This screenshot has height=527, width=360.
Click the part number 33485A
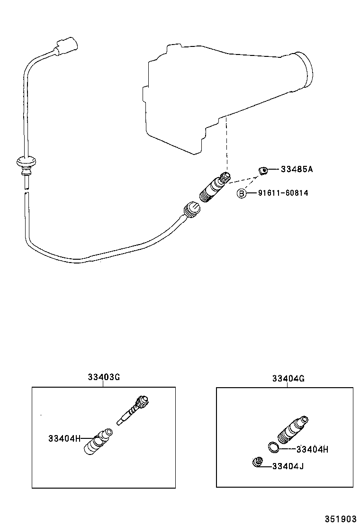297,169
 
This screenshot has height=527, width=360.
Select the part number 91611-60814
283,193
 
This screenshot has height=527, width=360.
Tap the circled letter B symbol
242,193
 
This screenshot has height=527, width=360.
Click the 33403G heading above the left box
103,378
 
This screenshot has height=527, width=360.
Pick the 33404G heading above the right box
288,379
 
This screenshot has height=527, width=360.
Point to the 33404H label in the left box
64,438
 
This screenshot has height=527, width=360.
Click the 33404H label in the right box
312,450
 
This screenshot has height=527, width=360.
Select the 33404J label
288,466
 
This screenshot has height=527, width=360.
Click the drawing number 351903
340,518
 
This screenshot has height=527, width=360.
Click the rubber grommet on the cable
26,164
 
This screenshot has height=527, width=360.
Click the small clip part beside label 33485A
263,169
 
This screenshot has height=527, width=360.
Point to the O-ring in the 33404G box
273,447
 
